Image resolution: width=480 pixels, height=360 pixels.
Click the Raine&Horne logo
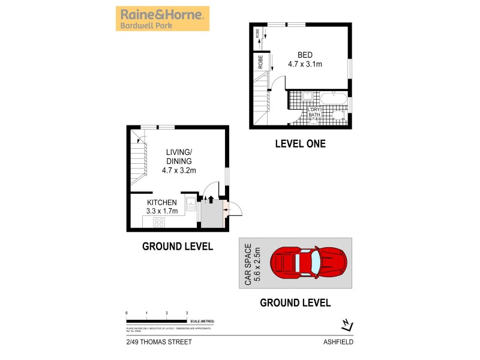(x=163, y=18)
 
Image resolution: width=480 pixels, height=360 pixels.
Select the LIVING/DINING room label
(x=179, y=161)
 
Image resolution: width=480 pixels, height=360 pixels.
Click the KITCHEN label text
(x=162, y=203)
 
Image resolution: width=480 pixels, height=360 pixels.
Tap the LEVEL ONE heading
(x=300, y=143)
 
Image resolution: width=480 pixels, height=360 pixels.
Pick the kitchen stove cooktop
(x=160, y=222)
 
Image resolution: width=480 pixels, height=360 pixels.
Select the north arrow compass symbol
(x=347, y=325)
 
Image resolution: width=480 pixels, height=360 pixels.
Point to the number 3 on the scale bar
(x=187, y=313)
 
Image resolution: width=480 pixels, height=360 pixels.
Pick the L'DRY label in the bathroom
(x=315, y=110)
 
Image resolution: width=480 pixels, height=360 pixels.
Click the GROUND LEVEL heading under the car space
(x=295, y=303)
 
